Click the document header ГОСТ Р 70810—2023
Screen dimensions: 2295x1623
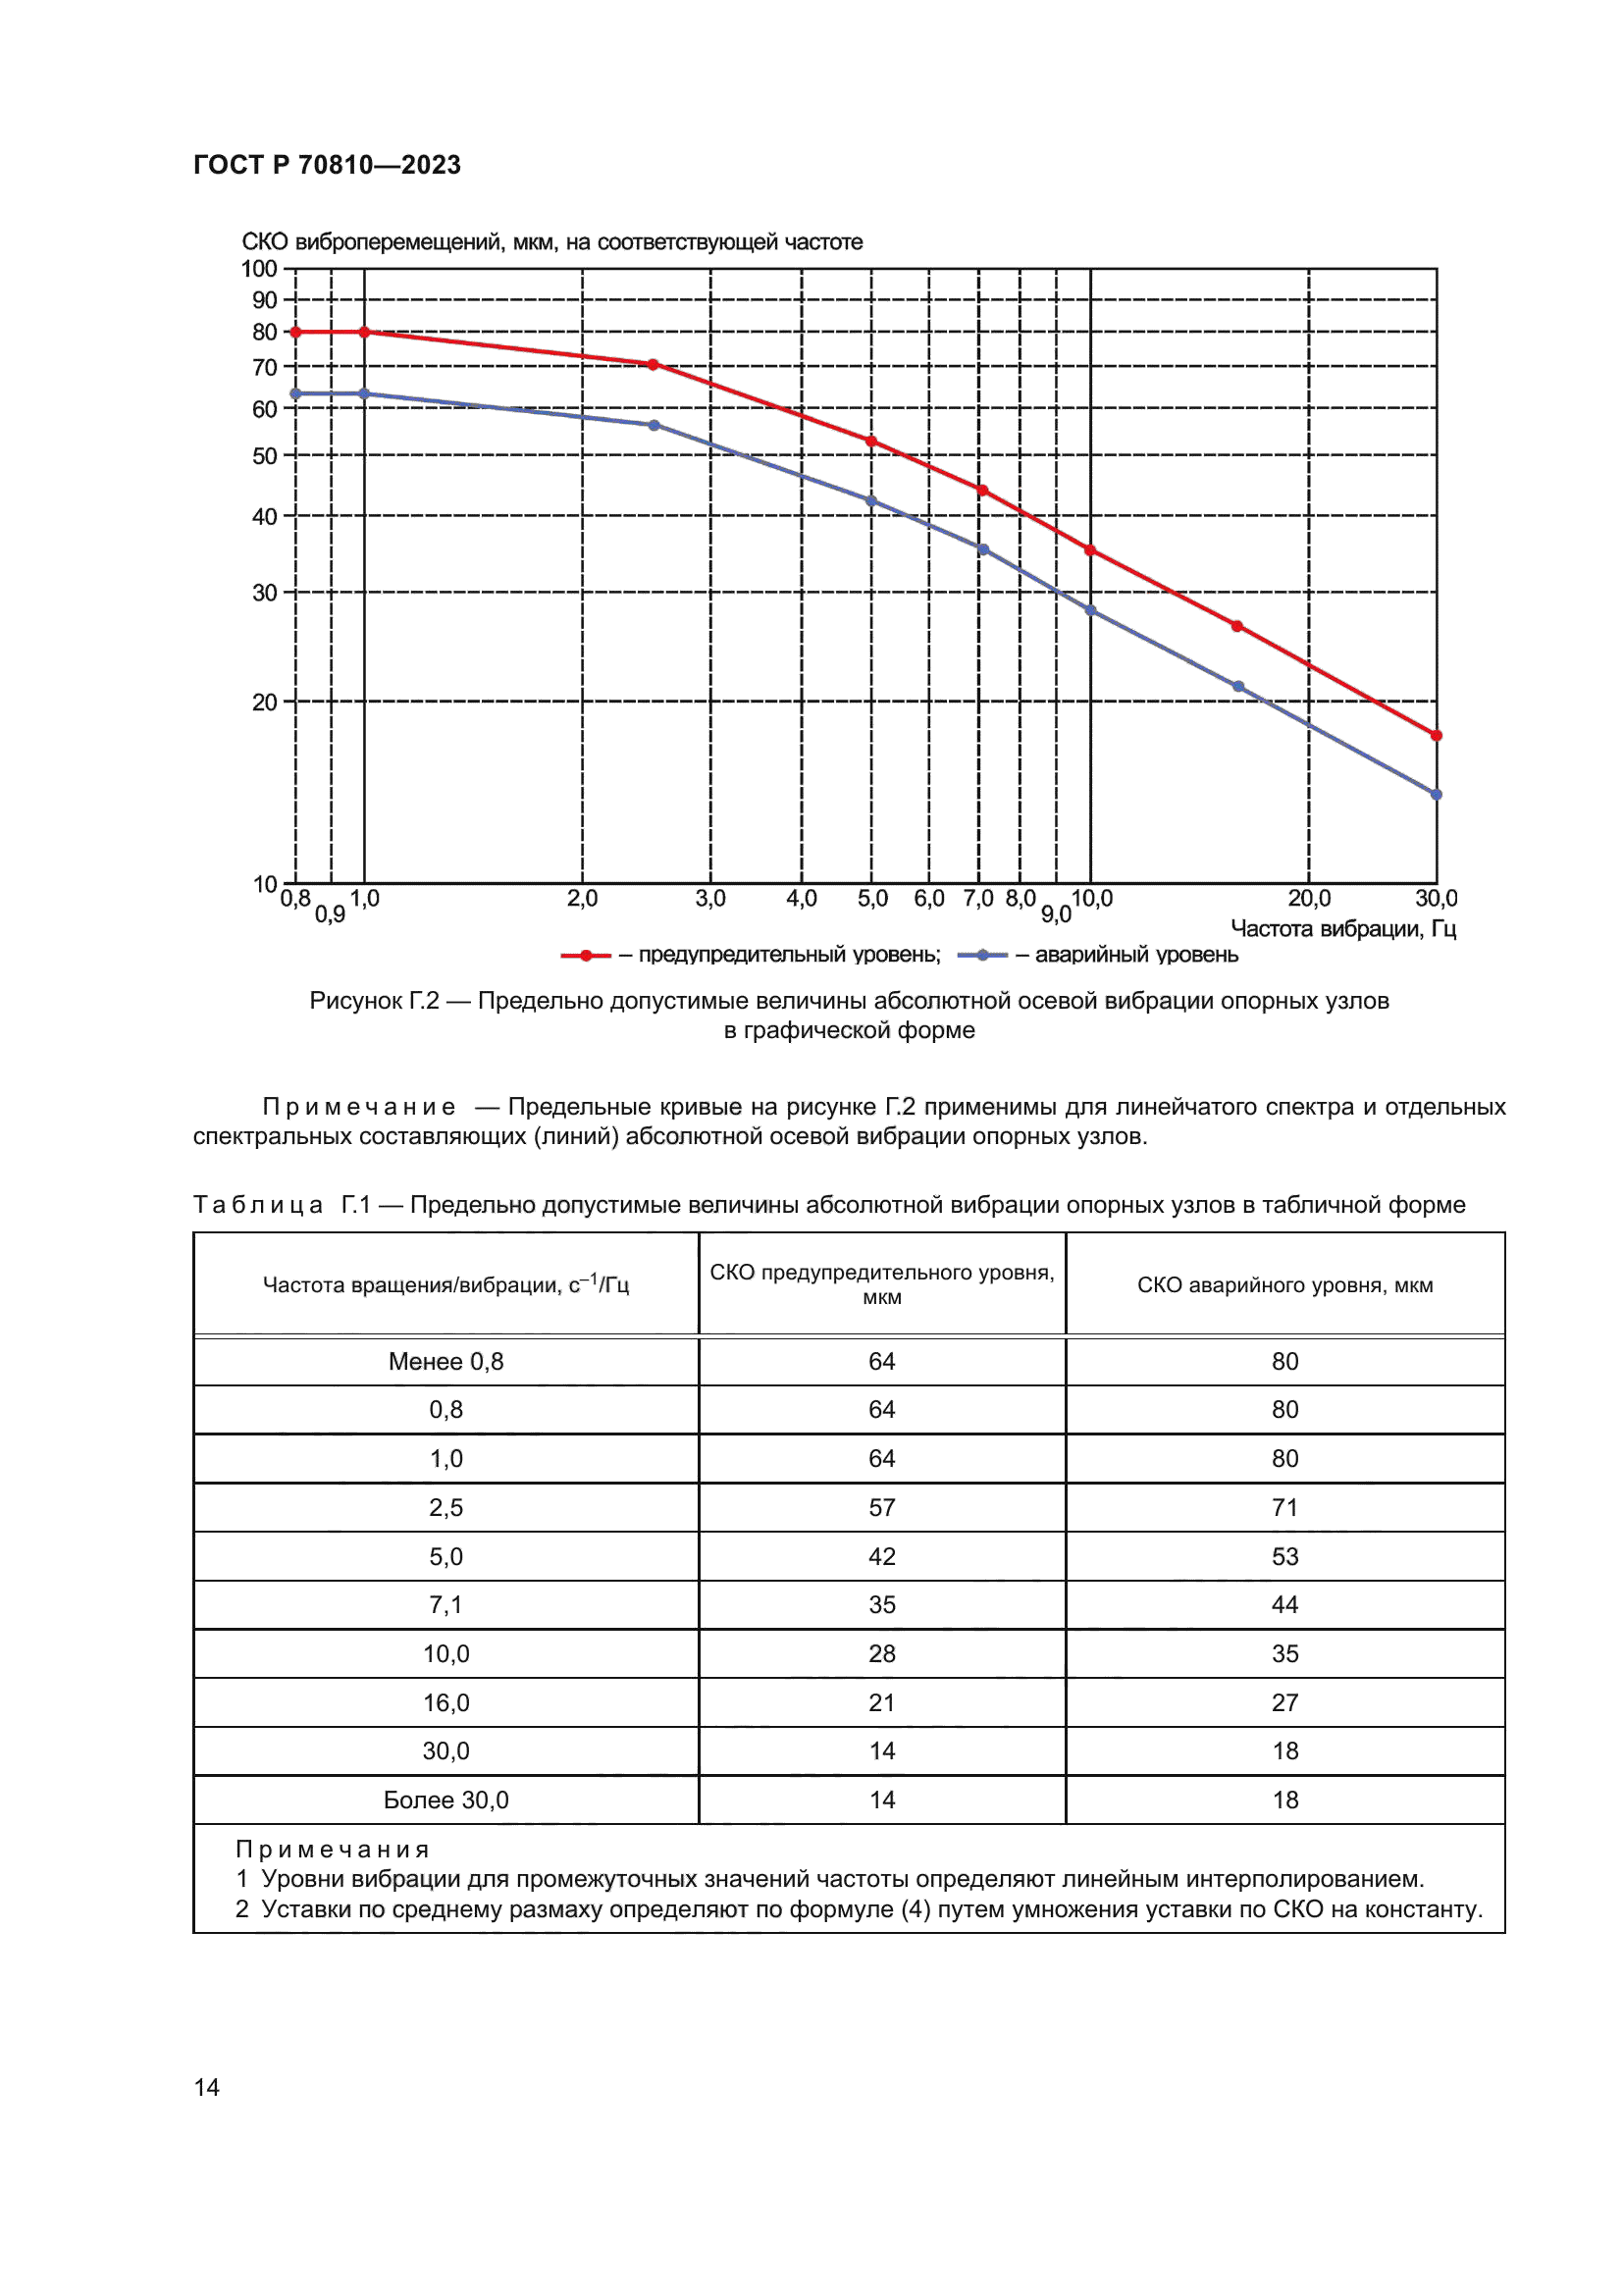pos(327,165)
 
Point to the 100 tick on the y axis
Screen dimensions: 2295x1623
pos(259,269)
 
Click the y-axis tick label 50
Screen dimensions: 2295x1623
pos(265,456)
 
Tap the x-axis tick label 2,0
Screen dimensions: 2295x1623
pos(582,899)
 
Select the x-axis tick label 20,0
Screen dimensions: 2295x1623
pos(1308,899)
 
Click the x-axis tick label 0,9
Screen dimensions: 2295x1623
pos(330,913)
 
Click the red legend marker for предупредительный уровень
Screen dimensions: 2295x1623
pos(586,956)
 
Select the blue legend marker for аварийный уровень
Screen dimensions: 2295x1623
pos(982,956)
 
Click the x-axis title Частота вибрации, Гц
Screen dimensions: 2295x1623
pos(1342,928)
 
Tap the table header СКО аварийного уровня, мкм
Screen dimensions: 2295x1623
pos(1284,1285)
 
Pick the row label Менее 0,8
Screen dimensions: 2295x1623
pos(445,1362)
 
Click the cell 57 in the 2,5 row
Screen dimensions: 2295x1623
pos(881,1507)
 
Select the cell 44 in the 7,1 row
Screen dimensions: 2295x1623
pos(1284,1604)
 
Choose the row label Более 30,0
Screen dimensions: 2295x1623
pos(445,1800)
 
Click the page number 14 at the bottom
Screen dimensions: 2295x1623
pos(207,2087)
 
